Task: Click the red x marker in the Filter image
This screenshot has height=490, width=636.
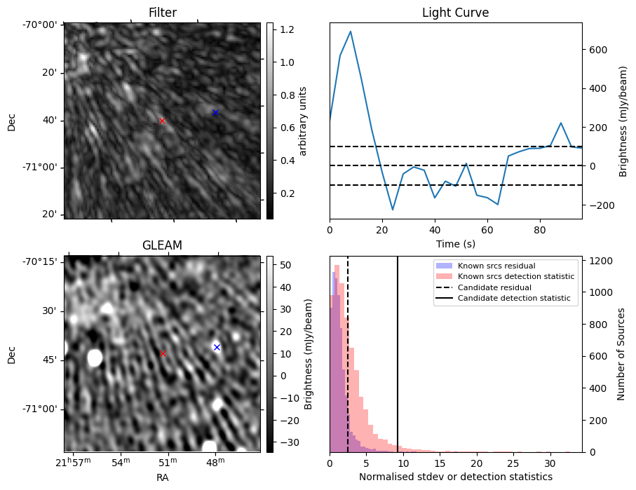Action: click(162, 121)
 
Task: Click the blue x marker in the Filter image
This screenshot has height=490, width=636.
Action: click(215, 112)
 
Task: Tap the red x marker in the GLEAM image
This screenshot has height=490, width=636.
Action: click(163, 354)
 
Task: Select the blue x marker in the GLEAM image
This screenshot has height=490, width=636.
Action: click(217, 347)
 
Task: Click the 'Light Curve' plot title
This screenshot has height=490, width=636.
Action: click(455, 13)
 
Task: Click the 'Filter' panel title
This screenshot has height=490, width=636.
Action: click(163, 13)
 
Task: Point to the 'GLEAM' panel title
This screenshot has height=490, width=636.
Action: click(162, 245)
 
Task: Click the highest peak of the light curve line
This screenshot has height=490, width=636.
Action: click(350, 32)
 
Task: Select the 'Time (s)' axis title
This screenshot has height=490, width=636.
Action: click(455, 243)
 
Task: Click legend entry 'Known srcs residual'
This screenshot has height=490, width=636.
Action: click(496, 266)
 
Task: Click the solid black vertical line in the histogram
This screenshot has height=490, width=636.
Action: click(398, 351)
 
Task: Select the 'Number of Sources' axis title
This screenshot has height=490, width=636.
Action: click(621, 354)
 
